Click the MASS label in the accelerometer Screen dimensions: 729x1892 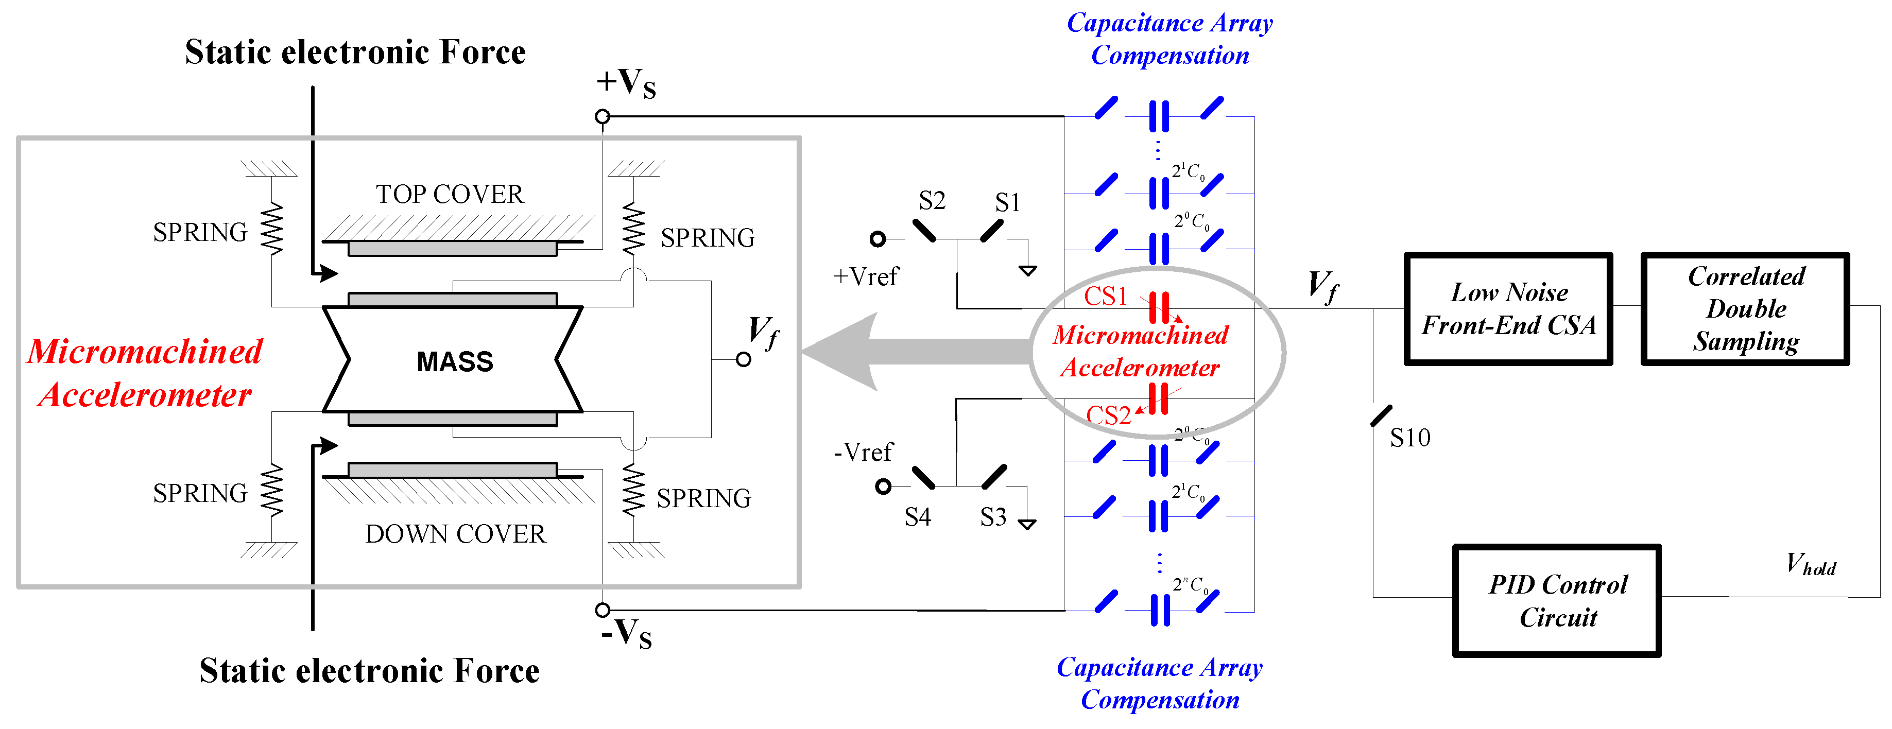pos(455,361)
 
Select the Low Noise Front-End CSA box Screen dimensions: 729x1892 pos(1508,309)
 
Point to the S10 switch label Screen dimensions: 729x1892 pos(1409,438)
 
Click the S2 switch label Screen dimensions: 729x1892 pos(931,200)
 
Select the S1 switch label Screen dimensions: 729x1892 pos(1007,203)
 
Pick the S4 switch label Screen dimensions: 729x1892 pos(917,517)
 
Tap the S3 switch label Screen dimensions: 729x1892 pos(993,517)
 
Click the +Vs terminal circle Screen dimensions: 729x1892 pos(603,116)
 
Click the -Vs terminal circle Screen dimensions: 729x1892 pos(603,610)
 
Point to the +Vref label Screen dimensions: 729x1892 pos(865,277)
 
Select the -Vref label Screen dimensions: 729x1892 pos(863,452)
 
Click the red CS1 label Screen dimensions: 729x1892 pos(1105,296)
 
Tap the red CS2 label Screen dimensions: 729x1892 pos(1108,415)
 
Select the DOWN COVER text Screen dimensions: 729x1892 pos(455,534)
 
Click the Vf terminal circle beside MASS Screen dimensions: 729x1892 pos(743,360)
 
